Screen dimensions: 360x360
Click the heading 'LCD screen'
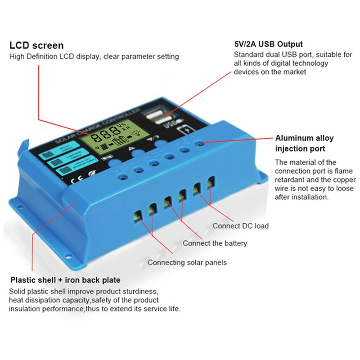(x=36, y=45)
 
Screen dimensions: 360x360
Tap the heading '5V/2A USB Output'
(x=268, y=45)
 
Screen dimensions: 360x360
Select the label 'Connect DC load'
(x=240, y=225)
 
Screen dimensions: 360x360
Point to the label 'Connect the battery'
(x=215, y=243)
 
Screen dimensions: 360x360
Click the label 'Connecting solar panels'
(x=187, y=262)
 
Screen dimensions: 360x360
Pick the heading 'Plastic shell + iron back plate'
(x=65, y=280)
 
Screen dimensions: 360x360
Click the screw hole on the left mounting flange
(x=19, y=207)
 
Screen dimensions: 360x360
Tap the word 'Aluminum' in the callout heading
(x=292, y=138)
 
